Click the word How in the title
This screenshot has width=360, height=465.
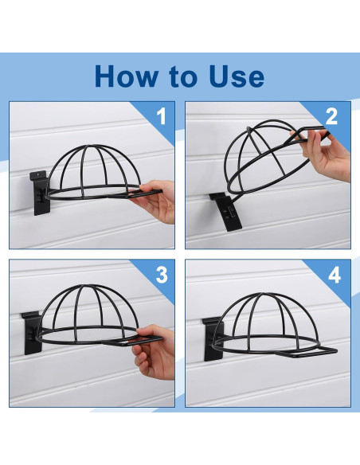pos(127,76)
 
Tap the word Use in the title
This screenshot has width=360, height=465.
pos(237,76)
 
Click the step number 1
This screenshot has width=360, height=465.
pos(162,116)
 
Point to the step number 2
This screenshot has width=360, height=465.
pos(331,116)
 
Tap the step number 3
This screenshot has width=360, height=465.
pos(162,275)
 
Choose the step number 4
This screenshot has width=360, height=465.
pos(335,275)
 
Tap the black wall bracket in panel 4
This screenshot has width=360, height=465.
pos(213,338)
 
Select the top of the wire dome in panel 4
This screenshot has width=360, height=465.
pos(261,294)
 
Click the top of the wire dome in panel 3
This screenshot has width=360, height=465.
pos(84,285)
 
